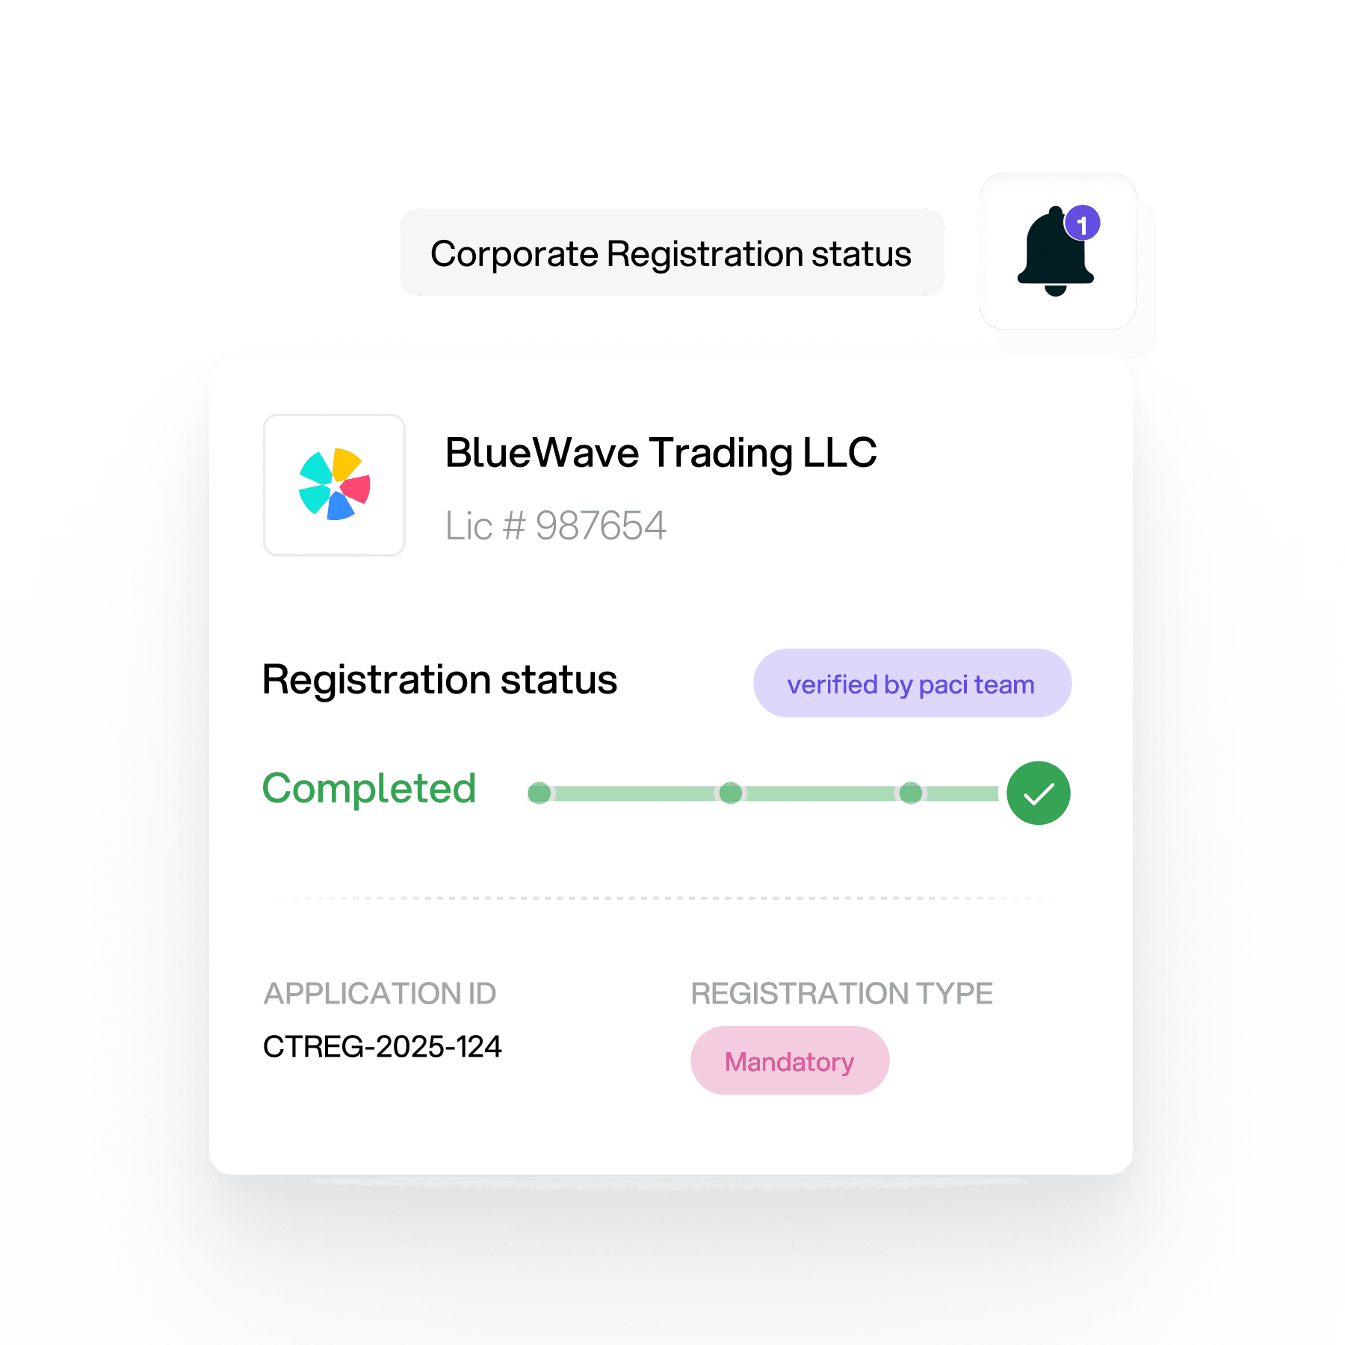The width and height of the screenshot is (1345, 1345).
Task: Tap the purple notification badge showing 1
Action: [1082, 223]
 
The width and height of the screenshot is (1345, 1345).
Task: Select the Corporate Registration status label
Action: [671, 254]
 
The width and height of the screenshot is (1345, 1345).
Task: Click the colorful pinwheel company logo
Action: [334, 485]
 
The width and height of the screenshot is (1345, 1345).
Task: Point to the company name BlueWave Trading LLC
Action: [661, 453]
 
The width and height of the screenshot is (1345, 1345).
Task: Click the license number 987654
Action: [600, 525]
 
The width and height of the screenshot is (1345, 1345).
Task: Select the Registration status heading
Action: [439, 680]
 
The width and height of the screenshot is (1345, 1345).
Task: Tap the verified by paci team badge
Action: [912, 684]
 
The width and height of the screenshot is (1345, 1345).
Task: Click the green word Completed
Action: [369, 788]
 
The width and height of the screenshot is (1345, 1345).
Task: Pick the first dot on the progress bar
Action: [539, 793]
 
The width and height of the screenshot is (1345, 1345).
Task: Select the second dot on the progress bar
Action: [731, 793]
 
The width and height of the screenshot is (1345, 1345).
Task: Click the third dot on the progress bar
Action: [910, 793]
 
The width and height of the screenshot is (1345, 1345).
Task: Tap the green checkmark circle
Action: [1038, 793]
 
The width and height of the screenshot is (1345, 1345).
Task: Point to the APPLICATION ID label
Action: [380, 994]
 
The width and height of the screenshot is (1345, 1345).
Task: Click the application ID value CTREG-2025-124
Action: [382, 1047]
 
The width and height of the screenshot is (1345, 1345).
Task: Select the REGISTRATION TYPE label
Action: [841, 994]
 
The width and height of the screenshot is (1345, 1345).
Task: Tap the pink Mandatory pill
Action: [789, 1061]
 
